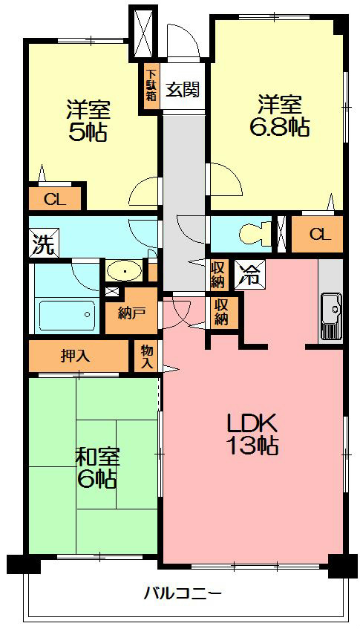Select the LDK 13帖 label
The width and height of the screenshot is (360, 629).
tap(252, 434)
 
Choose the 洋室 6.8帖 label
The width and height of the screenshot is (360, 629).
tap(278, 115)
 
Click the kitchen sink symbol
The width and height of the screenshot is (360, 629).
tap(330, 306)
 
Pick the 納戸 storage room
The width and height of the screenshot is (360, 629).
tap(131, 313)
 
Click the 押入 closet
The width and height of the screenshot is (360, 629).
tap(76, 355)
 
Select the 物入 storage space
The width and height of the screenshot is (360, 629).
tap(147, 357)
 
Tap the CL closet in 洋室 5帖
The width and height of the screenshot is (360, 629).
tap(53, 198)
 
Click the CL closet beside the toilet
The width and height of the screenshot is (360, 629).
tap(318, 235)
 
